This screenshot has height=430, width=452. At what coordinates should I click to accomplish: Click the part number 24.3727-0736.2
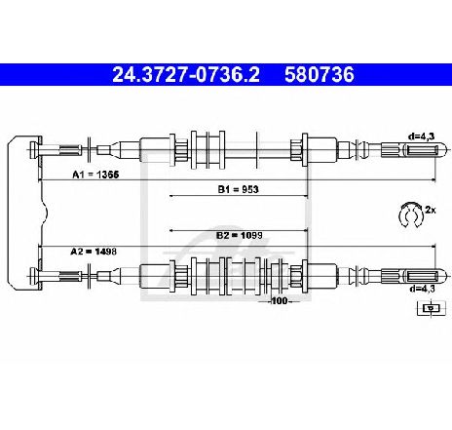[186, 75]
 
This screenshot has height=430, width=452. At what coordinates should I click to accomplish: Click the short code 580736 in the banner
[320, 75]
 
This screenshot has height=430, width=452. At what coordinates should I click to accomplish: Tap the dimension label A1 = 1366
[95, 175]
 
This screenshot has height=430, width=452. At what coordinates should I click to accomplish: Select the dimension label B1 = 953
[238, 189]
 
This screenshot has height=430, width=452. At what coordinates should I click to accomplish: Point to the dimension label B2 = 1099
[240, 235]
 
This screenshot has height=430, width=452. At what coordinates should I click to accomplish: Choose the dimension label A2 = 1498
[94, 252]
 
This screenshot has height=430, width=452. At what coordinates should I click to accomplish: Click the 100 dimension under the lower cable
[280, 301]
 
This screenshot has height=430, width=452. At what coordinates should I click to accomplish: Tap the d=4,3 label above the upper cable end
[421, 137]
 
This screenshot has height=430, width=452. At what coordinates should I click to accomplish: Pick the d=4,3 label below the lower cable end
[422, 289]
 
